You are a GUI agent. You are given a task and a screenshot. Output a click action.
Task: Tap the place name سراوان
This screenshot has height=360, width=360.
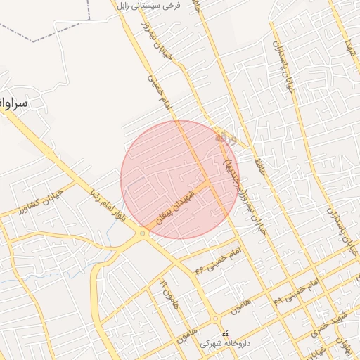[13, 103]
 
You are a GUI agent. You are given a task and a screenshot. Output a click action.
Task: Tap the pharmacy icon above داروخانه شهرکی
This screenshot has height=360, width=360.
[225, 333]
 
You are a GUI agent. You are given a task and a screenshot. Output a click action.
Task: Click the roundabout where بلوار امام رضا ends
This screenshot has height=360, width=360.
[143, 234]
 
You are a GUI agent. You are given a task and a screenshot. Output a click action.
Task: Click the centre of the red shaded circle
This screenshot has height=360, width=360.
[180, 179]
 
